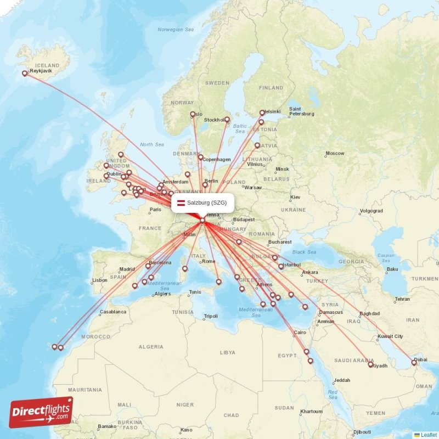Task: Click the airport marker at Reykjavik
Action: coord(24,73)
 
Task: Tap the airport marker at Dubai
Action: coord(414,363)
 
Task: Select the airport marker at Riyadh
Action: coord(370,364)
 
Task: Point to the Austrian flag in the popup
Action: coord(181,203)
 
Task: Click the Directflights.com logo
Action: coord(41,412)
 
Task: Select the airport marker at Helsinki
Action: coord(262,113)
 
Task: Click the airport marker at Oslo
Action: coord(193,115)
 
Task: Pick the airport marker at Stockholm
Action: coord(227,119)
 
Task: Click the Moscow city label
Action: coord(335,154)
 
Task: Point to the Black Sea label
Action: coord(305,252)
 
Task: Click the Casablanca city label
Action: coord(113,312)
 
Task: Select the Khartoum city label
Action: coord(311,411)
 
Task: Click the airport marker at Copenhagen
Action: coord(201,157)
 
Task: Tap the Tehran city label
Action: coord(402,299)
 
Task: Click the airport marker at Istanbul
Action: coord(281,267)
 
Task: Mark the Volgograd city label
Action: coord(371,211)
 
